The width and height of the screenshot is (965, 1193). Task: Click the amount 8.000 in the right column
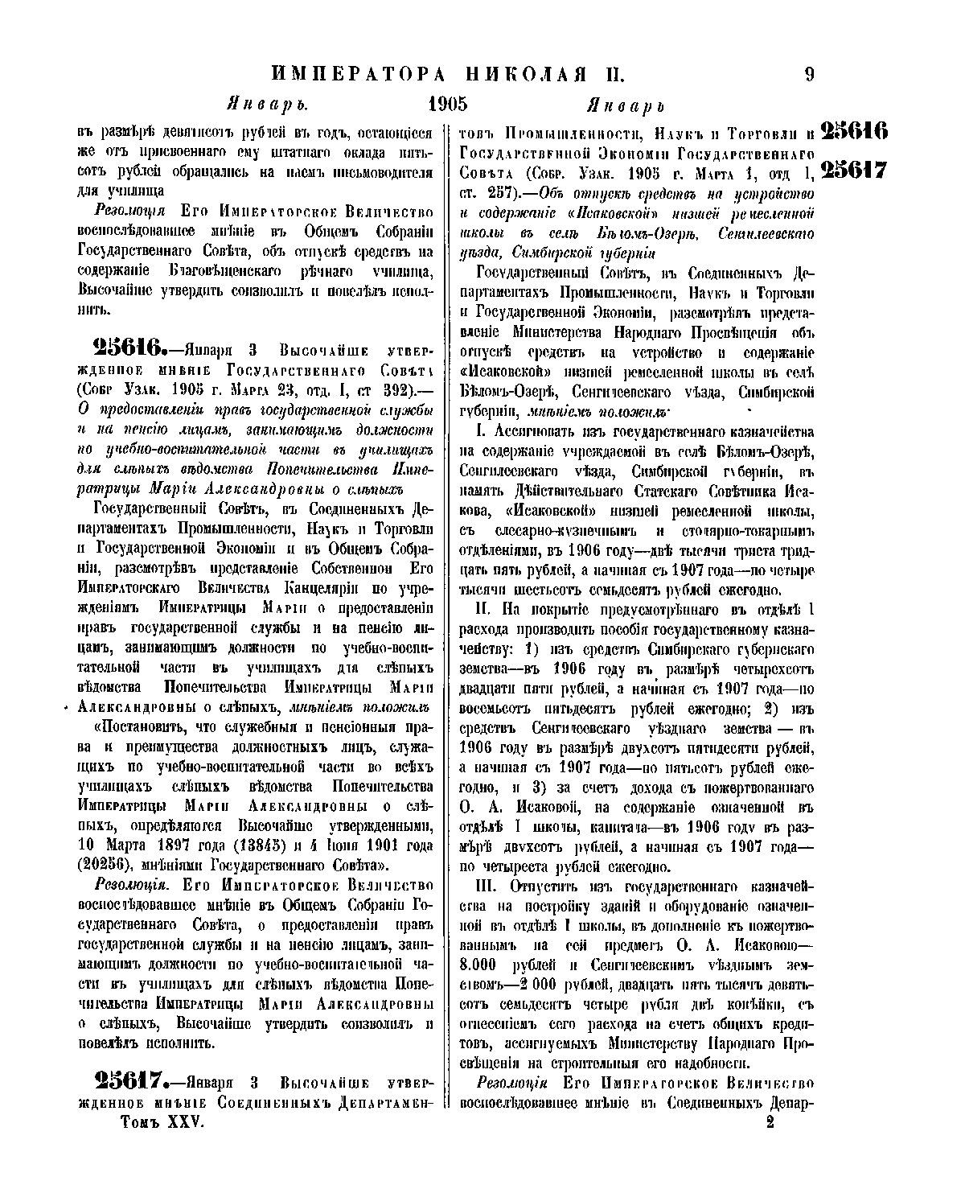(482, 965)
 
